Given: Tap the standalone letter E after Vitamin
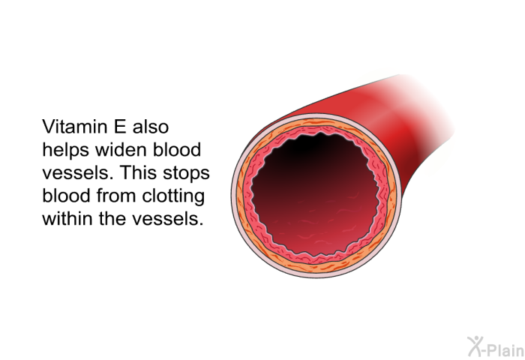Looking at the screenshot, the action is (x=121, y=127).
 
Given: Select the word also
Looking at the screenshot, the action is (x=151, y=127).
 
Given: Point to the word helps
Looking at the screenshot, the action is (x=66, y=150).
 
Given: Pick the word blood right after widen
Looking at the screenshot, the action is (x=177, y=150).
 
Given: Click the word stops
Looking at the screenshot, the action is (x=187, y=173).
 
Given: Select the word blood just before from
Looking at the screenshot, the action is (x=66, y=196).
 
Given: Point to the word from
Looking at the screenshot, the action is (x=116, y=196).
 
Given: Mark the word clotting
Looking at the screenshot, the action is (x=173, y=196).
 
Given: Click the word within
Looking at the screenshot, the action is (x=67, y=219).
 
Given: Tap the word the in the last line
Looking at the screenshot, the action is (x=112, y=219).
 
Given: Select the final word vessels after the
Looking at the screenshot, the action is (x=165, y=219).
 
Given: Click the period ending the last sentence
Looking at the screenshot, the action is (x=201, y=224).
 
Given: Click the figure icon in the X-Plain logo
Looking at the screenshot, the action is (x=475, y=346).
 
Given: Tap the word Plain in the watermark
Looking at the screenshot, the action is (x=505, y=350).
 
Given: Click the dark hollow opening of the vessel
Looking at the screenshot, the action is (x=316, y=193).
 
